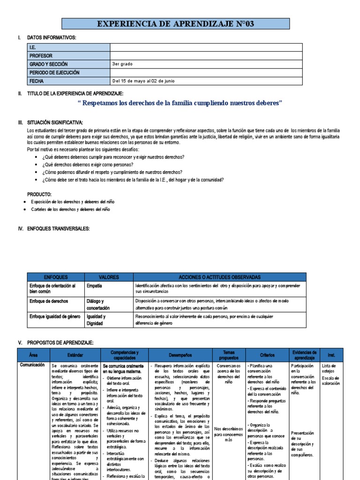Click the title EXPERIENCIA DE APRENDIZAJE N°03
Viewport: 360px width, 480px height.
tap(183, 24)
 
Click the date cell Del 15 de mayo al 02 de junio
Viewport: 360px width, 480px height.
tap(144, 81)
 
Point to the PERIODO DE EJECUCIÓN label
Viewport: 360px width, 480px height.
tap(54, 73)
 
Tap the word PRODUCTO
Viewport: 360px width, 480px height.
tap(39, 194)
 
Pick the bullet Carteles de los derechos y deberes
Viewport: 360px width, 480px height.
tap(70, 210)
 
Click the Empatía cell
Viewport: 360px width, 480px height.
tap(94, 285)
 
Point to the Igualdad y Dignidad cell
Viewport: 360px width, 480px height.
tap(97, 320)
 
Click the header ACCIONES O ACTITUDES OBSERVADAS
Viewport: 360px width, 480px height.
tap(219, 277)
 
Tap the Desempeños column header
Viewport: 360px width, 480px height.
tap(180, 355)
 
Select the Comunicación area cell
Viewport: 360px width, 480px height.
tap(32, 365)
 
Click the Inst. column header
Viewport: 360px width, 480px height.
tap(331, 355)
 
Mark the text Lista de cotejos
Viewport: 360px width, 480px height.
tap(329, 368)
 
